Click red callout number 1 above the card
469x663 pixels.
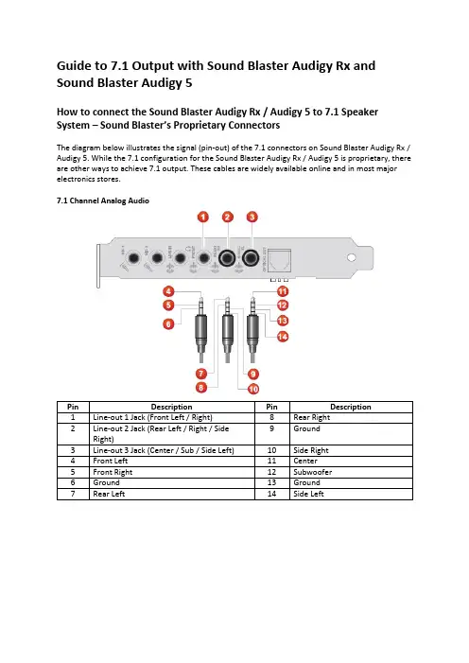click(x=203, y=217)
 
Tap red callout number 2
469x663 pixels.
click(x=228, y=217)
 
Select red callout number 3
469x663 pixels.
click(x=252, y=217)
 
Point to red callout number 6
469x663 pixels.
click(x=168, y=324)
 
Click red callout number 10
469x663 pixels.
click(x=253, y=389)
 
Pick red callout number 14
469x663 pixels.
click(x=283, y=337)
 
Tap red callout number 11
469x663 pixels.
click(x=283, y=291)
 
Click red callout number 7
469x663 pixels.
click(x=200, y=374)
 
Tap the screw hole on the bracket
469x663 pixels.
click(x=351, y=257)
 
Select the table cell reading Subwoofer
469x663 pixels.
click(x=351, y=472)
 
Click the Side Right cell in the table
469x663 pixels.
click(x=351, y=450)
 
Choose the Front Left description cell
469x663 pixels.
click(x=172, y=462)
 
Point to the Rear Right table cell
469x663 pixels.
click(x=351, y=418)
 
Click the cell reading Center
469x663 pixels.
click(x=351, y=462)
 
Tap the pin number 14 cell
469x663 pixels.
click(x=272, y=494)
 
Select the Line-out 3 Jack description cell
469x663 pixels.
click(x=172, y=450)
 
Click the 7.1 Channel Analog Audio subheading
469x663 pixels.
click(x=103, y=201)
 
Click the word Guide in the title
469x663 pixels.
click(x=74, y=66)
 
